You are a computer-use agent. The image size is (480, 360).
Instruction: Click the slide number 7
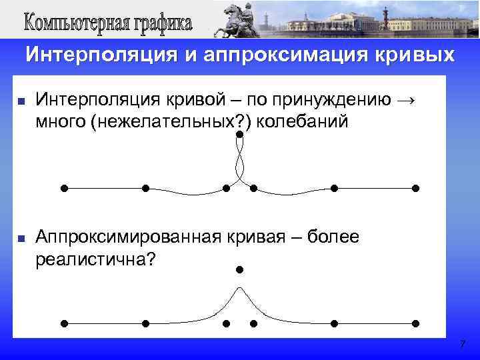point(462,345)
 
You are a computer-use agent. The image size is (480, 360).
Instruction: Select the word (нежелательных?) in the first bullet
point(165,122)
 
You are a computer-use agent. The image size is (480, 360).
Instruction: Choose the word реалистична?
point(94,258)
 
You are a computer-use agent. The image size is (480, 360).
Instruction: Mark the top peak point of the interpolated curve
point(239,135)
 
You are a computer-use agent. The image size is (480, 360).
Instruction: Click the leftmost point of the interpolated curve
point(64,188)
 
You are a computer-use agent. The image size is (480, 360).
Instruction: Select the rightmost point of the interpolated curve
point(415,188)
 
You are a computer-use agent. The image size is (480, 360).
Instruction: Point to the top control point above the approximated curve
point(239,270)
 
